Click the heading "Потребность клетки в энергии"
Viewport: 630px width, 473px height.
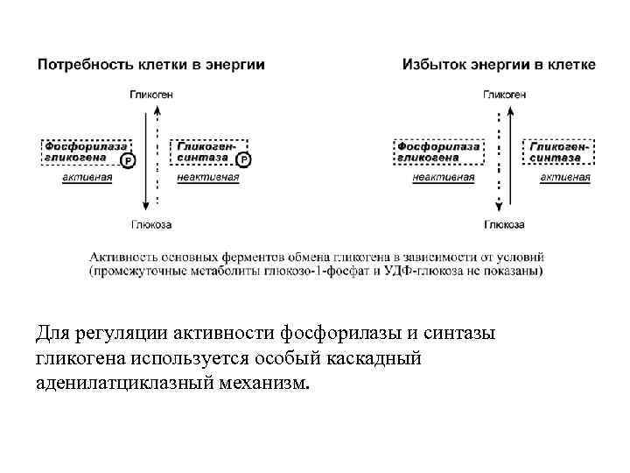(x=150, y=65)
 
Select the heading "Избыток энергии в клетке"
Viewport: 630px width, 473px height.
(x=499, y=65)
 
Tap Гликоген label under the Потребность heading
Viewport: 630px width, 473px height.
(x=151, y=94)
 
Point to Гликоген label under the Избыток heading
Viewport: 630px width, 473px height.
(x=502, y=94)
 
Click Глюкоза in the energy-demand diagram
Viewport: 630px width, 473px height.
(x=151, y=225)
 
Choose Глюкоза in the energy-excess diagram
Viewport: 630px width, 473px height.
(x=502, y=225)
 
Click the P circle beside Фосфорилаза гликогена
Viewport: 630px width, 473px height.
(x=128, y=160)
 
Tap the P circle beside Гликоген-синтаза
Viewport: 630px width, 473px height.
(x=242, y=160)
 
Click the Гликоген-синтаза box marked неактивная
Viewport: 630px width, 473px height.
(x=206, y=152)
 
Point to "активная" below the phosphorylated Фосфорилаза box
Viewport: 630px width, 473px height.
(x=87, y=177)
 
